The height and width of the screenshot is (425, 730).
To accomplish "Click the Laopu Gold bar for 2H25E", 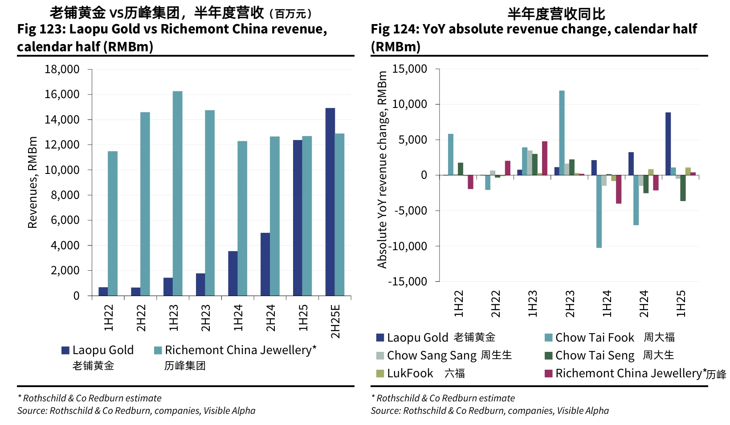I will tap(330, 202).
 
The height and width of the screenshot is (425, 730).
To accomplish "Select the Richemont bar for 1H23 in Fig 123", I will tap(177, 193).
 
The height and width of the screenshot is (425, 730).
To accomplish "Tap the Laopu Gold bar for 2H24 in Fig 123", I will tap(265, 264).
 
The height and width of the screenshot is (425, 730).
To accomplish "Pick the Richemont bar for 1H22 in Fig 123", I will tap(113, 223).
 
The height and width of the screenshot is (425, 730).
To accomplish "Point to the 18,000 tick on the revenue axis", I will tap(62, 70).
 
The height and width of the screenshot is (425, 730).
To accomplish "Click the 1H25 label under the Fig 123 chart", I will tap(303, 318).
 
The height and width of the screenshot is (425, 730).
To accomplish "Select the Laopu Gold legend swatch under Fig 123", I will tap(65, 351).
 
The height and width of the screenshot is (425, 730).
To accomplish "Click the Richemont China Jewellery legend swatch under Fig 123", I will tap(158, 351).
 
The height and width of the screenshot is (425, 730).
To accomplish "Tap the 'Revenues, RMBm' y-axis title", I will tap(33, 182).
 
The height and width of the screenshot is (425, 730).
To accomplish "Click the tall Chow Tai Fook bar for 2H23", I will tap(562, 133).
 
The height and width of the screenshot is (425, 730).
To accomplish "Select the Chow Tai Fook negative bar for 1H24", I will tap(599, 211).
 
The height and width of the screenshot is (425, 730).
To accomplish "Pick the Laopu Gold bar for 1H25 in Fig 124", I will tap(668, 144).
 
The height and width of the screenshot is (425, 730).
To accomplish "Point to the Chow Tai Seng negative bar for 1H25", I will tap(683, 188).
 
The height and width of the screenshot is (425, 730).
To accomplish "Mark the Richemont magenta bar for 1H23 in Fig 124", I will tap(544, 158).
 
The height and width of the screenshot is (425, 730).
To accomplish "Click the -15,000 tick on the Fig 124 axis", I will tap(408, 282).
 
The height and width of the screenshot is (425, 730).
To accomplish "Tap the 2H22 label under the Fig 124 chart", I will tap(496, 304).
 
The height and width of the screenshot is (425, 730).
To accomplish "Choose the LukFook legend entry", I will tap(410, 373).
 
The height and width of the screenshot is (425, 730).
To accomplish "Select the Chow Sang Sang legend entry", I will tap(432, 355).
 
